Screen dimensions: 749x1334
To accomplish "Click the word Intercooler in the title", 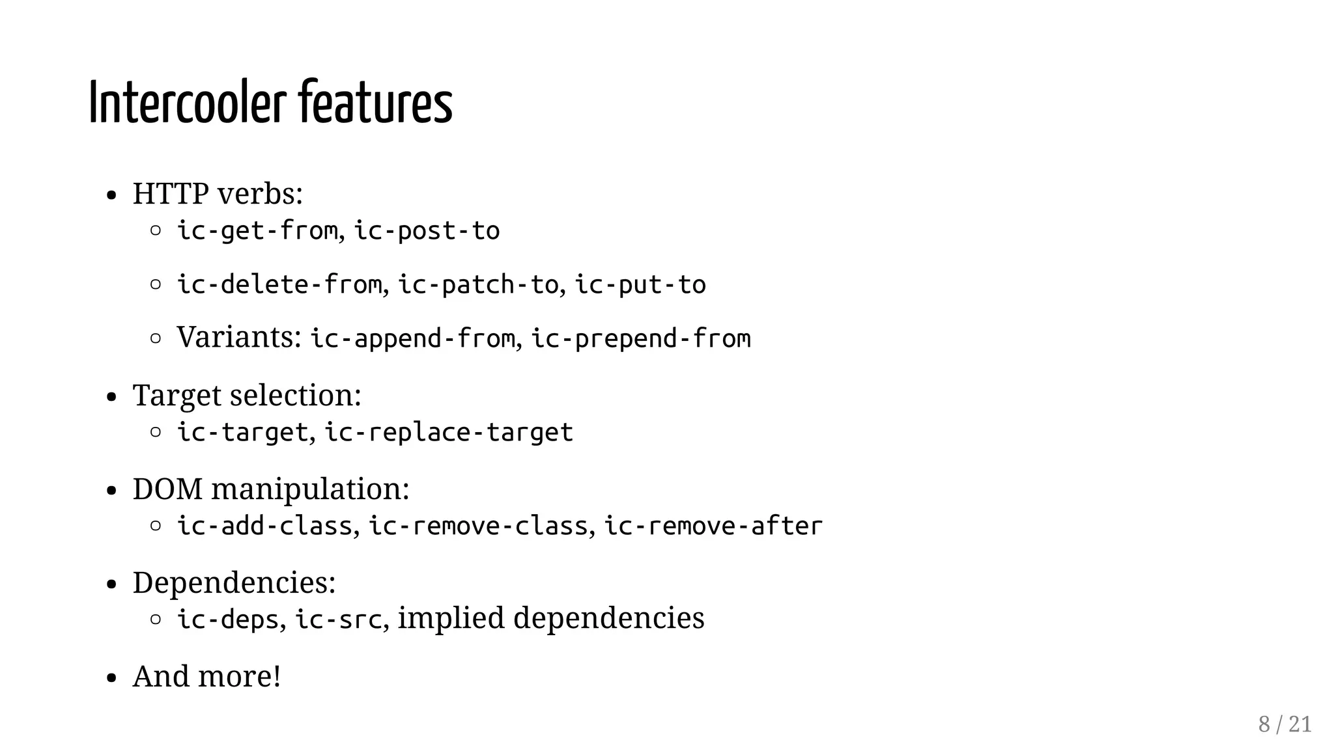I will (x=187, y=103).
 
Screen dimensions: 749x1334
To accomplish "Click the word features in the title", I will (x=375, y=103).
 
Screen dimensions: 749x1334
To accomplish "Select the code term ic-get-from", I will (x=258, y=231).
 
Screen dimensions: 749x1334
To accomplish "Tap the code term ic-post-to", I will (x=427, y=231).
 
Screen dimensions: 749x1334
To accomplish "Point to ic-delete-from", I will (x=279, y=285).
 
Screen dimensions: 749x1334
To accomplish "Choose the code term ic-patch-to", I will (x=478, y=285).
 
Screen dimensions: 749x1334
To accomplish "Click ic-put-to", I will (x=640, y=285).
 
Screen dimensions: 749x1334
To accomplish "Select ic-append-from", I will (x=412, y=339).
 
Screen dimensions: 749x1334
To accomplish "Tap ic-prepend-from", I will (x=641, y=339).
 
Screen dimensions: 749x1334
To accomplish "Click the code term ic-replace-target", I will (x=449, y=433).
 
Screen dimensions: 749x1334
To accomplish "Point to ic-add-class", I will (x=264, y=526).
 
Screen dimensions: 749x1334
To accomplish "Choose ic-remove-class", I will (x=478, y=526).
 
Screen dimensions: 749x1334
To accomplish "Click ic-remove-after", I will (x=713, y=526).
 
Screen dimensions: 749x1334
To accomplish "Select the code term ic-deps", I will (x=228, y=620).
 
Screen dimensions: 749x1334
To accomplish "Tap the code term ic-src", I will (x=338, y=620).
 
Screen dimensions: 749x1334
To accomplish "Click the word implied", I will (x=451, y=618).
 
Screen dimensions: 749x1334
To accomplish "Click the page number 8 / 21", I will (x=1284, y=724).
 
